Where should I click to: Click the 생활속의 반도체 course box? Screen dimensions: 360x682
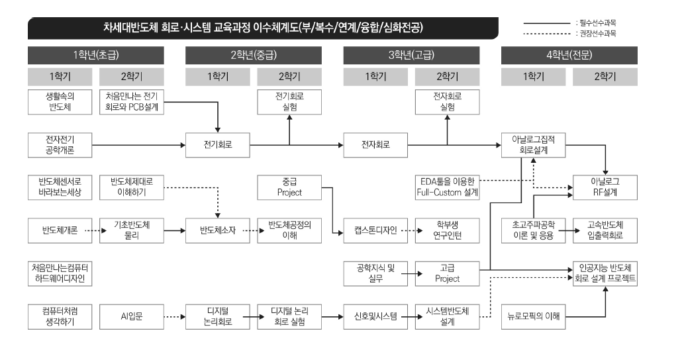point(60,101)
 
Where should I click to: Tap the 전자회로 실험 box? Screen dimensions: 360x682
point(447,101)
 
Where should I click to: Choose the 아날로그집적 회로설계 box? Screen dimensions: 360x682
point(533,144)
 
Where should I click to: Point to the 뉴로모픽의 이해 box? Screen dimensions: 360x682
point(533,316)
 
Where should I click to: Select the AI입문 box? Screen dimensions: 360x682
point(131,316)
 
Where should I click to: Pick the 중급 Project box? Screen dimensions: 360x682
point(289,187)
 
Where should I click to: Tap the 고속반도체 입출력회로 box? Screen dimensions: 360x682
point(605,230)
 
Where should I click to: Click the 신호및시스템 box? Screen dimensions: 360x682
point(375,316)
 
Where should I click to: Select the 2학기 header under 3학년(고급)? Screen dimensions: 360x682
point(447,76)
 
